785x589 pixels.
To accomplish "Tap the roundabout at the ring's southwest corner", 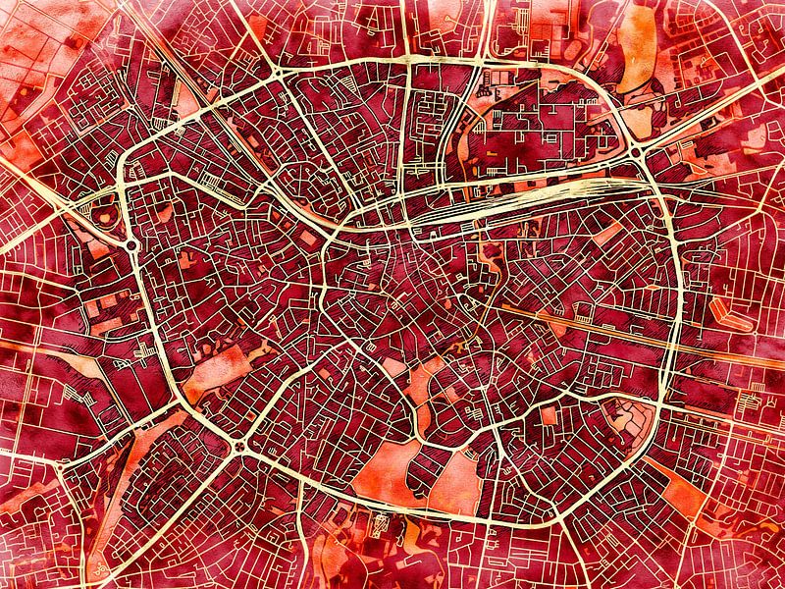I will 239,450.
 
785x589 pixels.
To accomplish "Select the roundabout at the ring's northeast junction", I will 637,151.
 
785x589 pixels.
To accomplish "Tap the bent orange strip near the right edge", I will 731,314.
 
